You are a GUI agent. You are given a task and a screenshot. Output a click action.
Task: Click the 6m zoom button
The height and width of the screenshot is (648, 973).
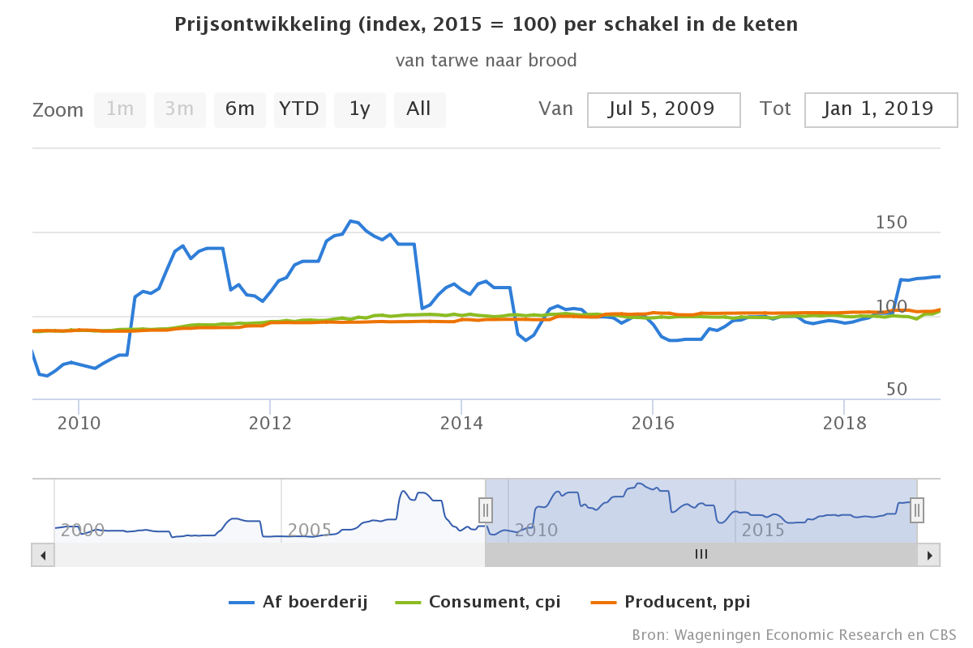click(x=240, y=109)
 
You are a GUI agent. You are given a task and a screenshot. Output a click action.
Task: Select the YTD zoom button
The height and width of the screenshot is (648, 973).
click(x=299, y=109)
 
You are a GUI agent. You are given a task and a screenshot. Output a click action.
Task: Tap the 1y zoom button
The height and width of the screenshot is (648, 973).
click(x=359, y=109)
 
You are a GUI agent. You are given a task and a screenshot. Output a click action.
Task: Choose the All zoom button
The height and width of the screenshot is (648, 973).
click(x=419, y=109)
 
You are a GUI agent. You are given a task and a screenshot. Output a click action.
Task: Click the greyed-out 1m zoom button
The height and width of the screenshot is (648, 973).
click(x=120, y=109)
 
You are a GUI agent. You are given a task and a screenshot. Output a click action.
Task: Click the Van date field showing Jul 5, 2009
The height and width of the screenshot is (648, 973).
click(x=663, y=109)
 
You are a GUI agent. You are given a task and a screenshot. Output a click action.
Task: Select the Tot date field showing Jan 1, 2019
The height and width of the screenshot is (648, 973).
click(x=881, y=109)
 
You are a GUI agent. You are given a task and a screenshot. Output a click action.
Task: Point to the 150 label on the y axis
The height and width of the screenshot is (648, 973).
click(x=891, y=223)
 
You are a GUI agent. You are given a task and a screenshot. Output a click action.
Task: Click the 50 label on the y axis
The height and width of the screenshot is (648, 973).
click(x=896, y=390)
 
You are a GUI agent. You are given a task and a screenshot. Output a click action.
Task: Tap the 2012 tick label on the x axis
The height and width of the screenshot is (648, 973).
click(x=270, y=423)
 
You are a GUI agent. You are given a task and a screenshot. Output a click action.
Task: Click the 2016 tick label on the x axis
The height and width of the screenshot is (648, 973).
click(x=653, y=423)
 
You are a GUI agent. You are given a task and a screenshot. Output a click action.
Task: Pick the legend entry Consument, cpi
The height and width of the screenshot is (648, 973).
click(x=478, y=602)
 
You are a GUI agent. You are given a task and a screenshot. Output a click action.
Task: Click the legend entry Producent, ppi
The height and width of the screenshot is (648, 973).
click(x=671, y=602)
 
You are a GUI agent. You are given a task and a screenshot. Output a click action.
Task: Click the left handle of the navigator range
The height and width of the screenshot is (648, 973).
click(x=486, y=510)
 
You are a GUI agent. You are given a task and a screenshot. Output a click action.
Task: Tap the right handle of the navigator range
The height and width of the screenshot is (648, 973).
click(x=917, y=510)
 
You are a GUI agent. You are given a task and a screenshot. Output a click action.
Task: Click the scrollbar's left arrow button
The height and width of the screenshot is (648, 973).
click(x=43, y=555)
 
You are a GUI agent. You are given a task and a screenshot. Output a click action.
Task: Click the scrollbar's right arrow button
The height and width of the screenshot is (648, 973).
click(x=929, y=555)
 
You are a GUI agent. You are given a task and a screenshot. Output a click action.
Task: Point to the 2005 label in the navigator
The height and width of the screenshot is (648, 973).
click(x=309, y=531)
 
